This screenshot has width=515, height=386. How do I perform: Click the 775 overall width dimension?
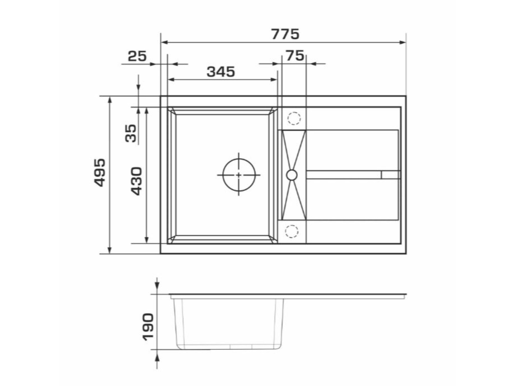(285, 34)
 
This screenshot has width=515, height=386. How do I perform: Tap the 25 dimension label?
(137, 56)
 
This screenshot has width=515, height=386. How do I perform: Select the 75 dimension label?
(295, 55)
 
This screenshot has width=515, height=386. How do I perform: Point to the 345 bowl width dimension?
(221, 72)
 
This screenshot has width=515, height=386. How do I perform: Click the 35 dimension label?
(131, 133)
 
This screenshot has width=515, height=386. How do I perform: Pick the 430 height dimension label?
(136, 181)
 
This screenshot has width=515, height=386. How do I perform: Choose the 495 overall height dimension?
(99, 173)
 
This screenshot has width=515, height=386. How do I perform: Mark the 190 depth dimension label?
(148, 327)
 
